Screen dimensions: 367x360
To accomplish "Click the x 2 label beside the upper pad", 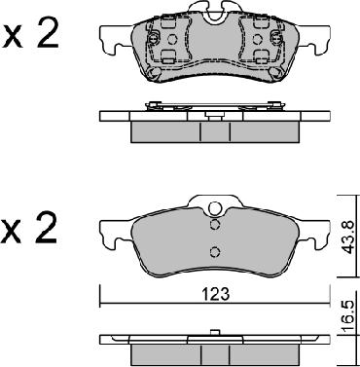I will tap(31, 38).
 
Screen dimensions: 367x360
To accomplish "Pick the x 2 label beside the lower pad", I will tap(31, 230).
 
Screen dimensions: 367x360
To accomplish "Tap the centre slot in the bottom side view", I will tap(209, 349).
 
